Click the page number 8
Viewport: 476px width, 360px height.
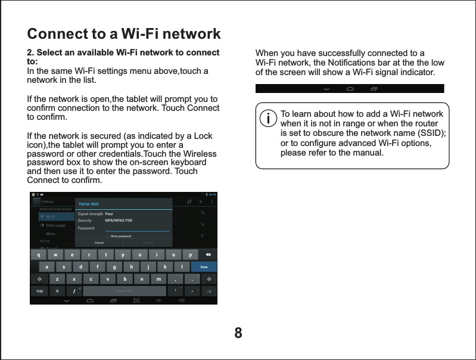pos(238,332)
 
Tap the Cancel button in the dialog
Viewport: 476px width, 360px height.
pos(99,243)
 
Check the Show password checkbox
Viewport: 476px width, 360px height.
pos(107,236)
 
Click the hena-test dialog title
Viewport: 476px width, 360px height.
pos(89,204)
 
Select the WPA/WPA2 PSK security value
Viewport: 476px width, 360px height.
pos(119,221)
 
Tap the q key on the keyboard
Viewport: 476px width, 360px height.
pos(39,255)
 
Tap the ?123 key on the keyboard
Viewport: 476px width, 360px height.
pos(39,291)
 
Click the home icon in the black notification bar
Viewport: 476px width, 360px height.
pos(350,89)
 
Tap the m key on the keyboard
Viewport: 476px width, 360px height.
pos(158,279)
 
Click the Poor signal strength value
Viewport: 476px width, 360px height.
pos(109,213)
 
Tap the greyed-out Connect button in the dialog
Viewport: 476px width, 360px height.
pos(148,243)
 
